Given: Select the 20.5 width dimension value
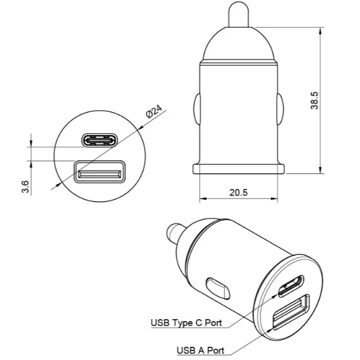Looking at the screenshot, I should pyautogui.click(x=239, y=192).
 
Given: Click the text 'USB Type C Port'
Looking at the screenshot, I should pyautogui.click(x=186, y=323).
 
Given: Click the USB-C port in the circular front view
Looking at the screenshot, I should pyautogui.click(x=100, y=140).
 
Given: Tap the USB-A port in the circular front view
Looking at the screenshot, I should pyautogui.click(x=100, y=175).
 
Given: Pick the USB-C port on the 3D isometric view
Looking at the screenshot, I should pyautogui.click(x=290, y=286).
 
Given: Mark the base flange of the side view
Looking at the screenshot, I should pyautogui.click(x=239, y=167).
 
